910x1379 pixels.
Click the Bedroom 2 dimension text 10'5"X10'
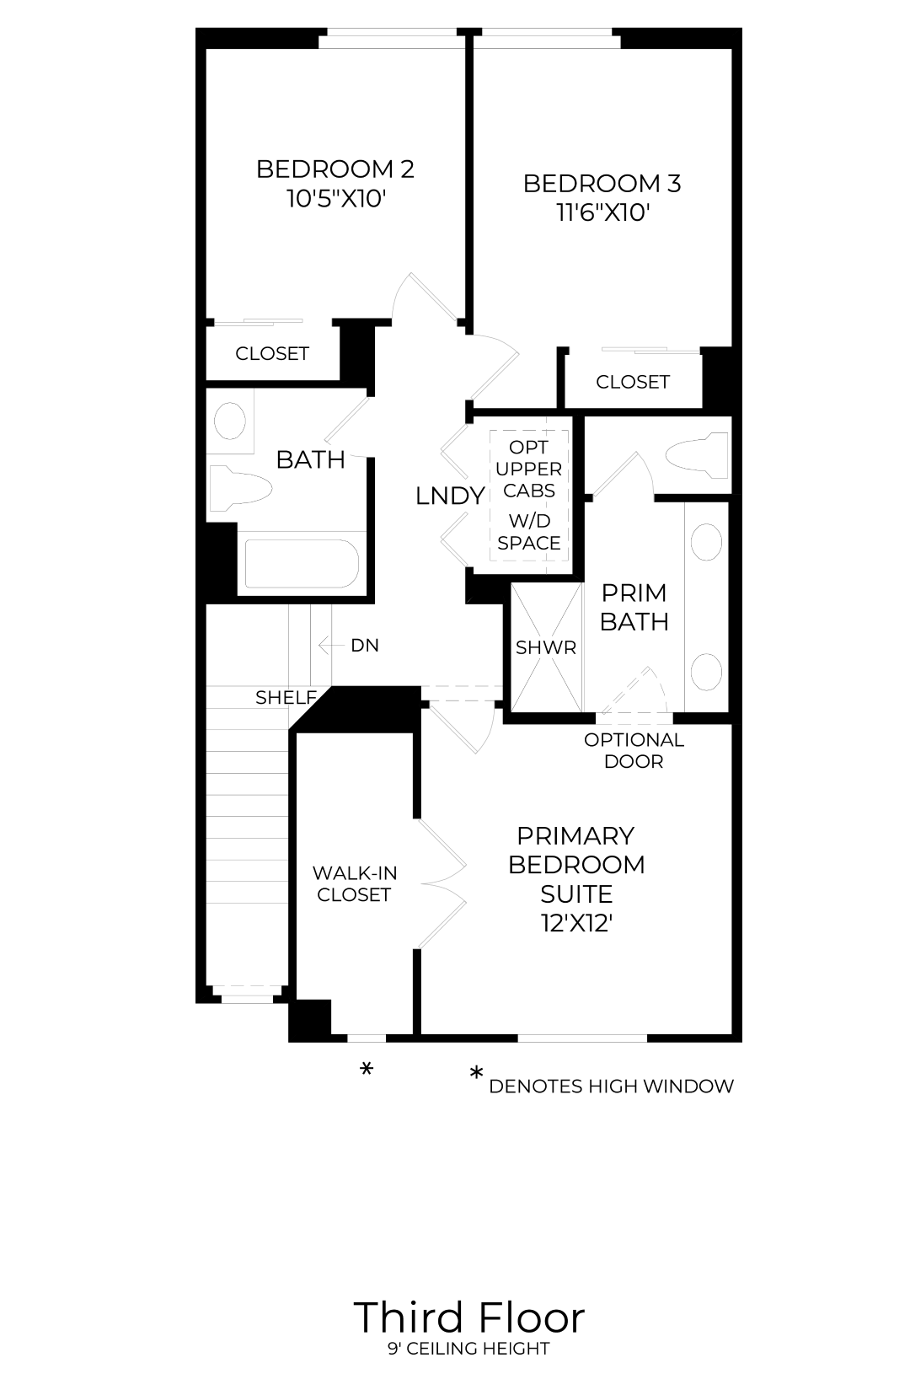[x=335, y=199]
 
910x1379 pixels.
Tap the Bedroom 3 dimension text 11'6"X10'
[x=603, y=213]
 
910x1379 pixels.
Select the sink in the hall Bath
[x=229, y=421]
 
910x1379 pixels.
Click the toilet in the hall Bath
[x=241, y=489]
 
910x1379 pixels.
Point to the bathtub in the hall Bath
[x=302, y=564]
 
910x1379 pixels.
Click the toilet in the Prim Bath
[x=697, y=455]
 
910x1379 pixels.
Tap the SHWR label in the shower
[x=546, y=647]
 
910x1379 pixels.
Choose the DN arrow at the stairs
[x=330, y=645]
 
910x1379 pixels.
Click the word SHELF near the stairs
[x=286, y=697]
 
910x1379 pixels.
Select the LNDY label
[x=451, y=496]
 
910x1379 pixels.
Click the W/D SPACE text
[x=529, y=532]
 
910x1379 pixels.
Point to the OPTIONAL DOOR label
[x=634, y=750]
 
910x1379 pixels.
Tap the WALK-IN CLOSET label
[x=355, y=884]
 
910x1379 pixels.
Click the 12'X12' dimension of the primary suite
[x=576, y=924]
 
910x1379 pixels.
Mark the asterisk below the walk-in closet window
[x=366, y=1070]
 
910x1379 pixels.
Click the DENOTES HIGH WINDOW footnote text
[x=611, y=1087]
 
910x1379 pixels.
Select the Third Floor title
[x=468, y=1318]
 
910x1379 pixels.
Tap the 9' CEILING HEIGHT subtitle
[x=468, y=1349]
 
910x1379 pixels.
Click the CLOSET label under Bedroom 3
[x=633, y=382]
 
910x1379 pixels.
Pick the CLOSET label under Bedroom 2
[x=272, y=353]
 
